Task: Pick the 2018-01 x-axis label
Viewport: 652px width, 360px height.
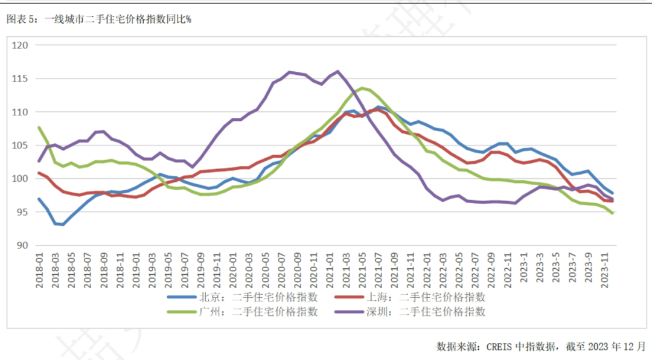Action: [40, 268]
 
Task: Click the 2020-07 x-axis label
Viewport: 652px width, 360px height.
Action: [281, 268]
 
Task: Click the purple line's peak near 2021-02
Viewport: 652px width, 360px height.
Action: [337, 71]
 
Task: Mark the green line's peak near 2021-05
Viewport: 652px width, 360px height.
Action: [362, 88]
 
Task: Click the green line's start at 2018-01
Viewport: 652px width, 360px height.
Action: [39, 127]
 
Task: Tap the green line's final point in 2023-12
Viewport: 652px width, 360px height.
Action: [612, 213]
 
